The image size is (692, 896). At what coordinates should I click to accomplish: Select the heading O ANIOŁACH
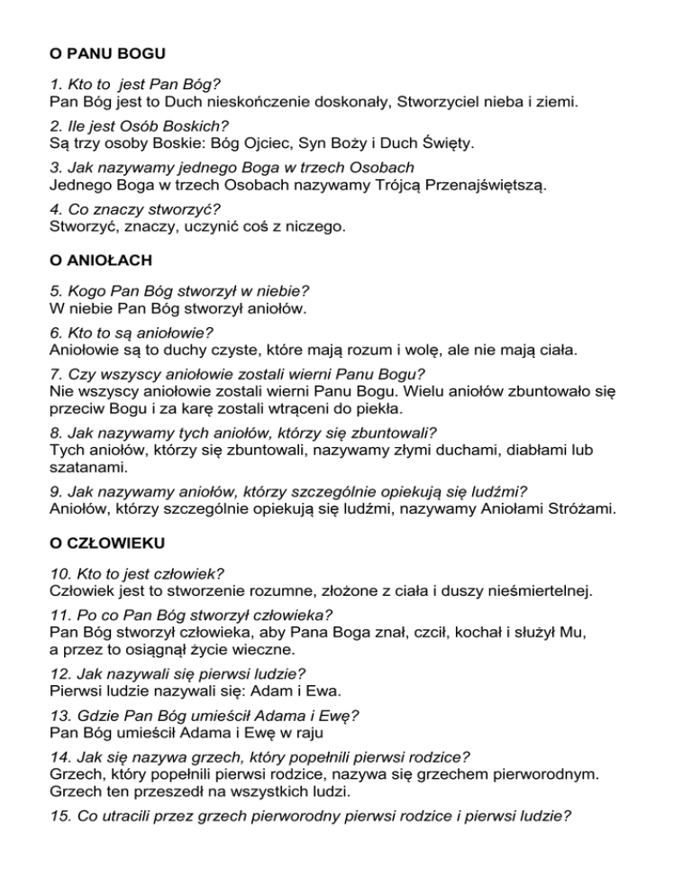(x=101, y=261)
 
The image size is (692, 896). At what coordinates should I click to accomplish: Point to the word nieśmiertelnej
(x=532, y=590)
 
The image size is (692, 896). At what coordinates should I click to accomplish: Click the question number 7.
(x=56, y=372)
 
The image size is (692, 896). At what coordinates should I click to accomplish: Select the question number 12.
(x=59, y=673)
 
